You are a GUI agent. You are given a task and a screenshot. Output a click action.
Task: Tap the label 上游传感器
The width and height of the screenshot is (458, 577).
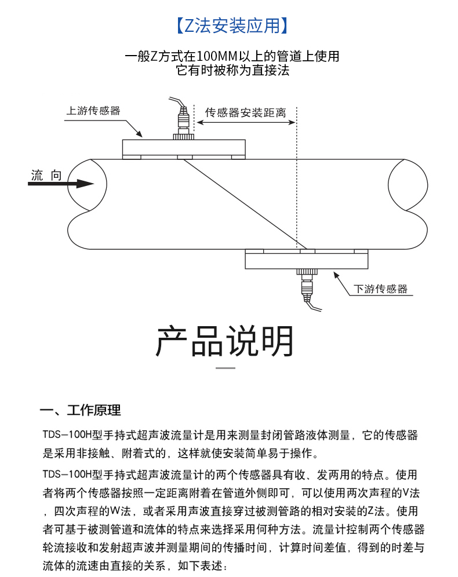click(93, 111)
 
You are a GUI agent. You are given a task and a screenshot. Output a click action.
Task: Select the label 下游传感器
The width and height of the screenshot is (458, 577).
click(381, 288)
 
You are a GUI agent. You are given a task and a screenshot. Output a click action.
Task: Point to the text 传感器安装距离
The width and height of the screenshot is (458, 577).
click(246, 113)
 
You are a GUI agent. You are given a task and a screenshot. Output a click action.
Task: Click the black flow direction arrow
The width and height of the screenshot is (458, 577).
click(61, 184)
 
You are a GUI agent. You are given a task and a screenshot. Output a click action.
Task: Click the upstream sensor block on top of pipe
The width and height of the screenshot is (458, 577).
click(184, 148)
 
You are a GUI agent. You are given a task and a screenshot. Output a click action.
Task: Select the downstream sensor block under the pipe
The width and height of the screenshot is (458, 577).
click(306, 260)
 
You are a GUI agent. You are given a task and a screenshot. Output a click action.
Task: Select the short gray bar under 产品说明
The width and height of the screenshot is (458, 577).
click(226, 368)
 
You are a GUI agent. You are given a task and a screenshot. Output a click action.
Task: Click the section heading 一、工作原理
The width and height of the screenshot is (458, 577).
click(81, 411)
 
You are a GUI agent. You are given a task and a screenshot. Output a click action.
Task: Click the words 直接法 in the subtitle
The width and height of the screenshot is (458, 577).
click(271, 71)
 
